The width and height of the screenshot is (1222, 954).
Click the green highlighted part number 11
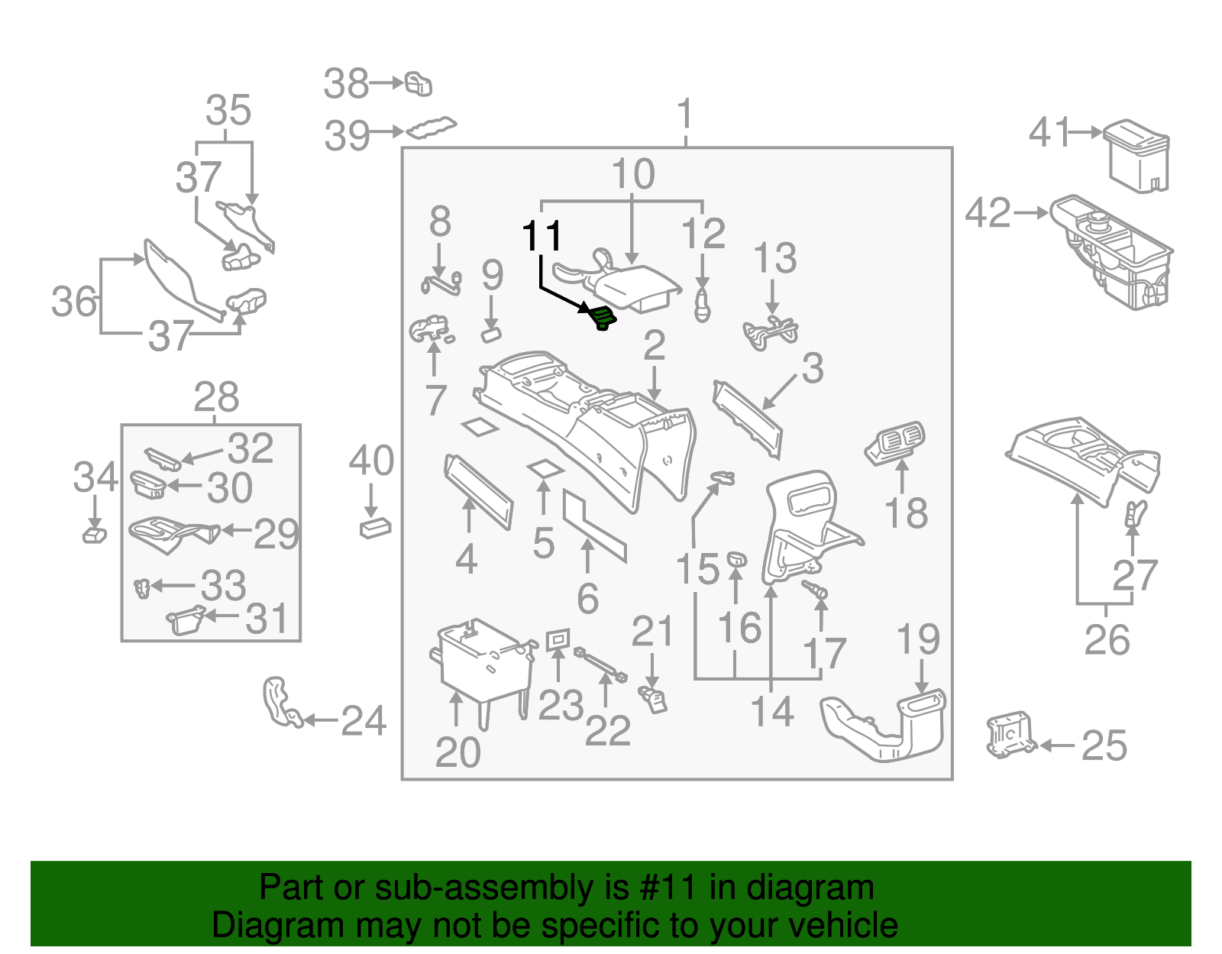tap(602, 318)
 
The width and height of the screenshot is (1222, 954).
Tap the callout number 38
tap(346, 83)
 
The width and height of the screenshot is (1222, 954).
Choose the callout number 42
tap(988, 213)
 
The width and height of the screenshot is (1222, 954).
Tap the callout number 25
tap(1104, 746)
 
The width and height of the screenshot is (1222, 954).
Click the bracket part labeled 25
tap(1010, 735)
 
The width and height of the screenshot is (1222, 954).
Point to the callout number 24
tap(364, 721)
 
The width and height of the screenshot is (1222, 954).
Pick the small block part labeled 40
tap(375, 528)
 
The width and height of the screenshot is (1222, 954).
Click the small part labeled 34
tap(95, 535)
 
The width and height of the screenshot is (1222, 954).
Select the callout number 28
tap(216, 398)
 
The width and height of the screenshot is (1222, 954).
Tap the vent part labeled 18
tap(895, 443)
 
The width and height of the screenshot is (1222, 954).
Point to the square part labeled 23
tap(558, 639)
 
